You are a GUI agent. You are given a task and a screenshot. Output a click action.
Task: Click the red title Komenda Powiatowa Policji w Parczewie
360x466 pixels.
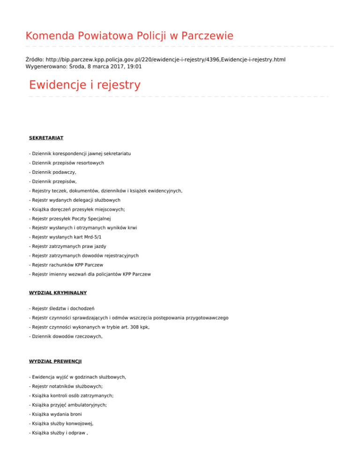[129, 36]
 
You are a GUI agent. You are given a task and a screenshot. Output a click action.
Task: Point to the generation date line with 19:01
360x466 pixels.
[84, 67]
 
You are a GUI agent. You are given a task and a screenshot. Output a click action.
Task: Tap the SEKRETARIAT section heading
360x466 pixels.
[46, 138]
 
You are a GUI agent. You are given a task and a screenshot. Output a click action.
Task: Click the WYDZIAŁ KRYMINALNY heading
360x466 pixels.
[58, 293]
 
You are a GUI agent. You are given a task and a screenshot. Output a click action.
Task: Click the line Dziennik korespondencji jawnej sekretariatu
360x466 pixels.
[80, 154]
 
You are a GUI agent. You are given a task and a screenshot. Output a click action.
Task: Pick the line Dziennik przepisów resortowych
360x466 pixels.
[66, 163]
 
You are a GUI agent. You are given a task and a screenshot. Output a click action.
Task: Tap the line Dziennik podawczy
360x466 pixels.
[52, 173]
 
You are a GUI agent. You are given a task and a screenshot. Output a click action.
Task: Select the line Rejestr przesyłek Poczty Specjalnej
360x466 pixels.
[72, 219]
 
